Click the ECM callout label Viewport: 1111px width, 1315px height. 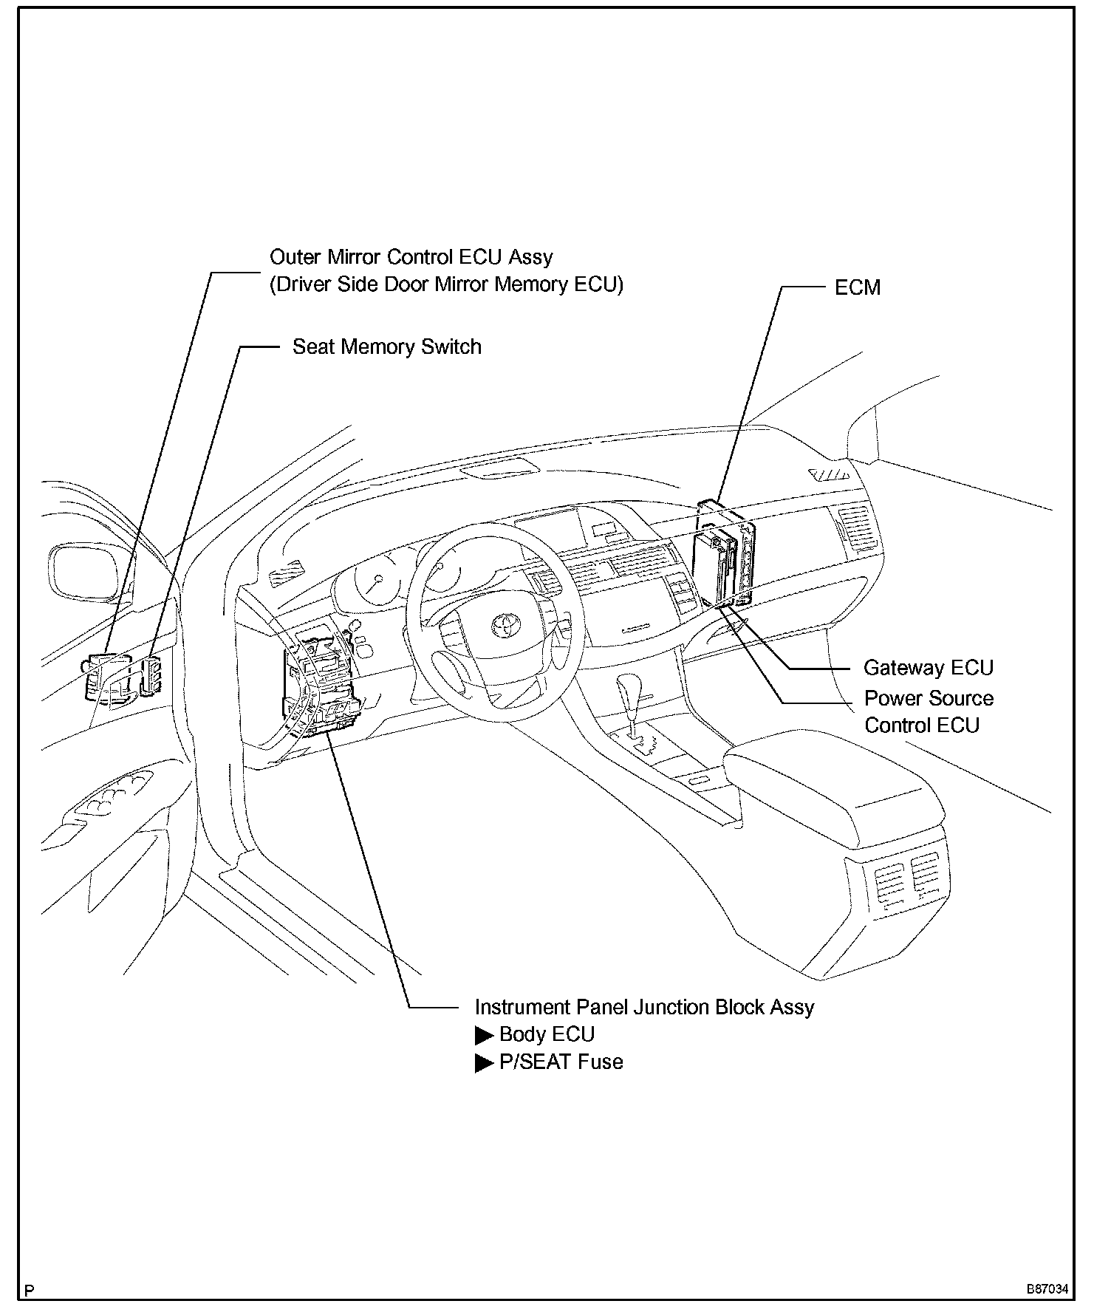(x=857, y=287)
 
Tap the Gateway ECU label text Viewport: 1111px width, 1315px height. (x=928, y=668)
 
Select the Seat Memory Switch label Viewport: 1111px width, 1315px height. (x=386, y=347)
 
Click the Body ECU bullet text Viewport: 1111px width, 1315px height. (x=547, y=1034)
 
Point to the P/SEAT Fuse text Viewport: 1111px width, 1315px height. (x=561, y=1062)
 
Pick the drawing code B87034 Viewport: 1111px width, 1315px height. (x=1046, y=1289)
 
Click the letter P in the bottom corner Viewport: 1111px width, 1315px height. (x=30, y=1291)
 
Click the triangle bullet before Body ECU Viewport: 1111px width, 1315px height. (x=484, y=1035)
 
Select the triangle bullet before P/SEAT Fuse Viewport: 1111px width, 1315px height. (x=484, y=1063)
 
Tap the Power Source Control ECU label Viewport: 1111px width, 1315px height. (x=928, y=711)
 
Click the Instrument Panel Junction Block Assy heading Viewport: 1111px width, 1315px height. (x=643, y=1008)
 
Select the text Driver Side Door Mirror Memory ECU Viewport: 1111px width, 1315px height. (x=446, y=284)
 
